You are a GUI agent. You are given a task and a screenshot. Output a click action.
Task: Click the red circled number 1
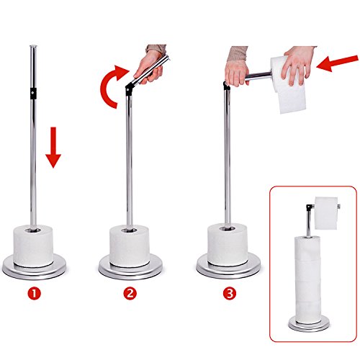(x=35, y=293)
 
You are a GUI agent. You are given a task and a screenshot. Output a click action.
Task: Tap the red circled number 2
(x=130, y=293)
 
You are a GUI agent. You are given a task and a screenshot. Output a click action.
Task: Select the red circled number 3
(x=230, y=293)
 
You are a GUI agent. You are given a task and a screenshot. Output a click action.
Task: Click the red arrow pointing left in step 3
(x=337, y=63)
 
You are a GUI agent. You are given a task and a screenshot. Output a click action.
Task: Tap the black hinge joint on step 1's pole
(x=33, y=93)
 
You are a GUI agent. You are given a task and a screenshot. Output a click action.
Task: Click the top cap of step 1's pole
(x=33, y=46)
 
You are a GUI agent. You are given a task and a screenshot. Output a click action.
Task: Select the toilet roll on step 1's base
(x=33, y=246)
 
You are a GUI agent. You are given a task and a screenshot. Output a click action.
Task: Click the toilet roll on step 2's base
(x=130, y=246)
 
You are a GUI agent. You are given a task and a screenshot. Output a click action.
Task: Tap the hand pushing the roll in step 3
(x=297, y=65)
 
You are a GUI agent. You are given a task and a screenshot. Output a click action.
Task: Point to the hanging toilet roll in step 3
(x=288, y=84)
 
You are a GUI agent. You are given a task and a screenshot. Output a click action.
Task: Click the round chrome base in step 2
(x=130, y=267)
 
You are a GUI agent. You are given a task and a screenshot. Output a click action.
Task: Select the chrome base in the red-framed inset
(x=309, y=323)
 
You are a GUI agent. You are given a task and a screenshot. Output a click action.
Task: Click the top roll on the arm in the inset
(x=326, y=213)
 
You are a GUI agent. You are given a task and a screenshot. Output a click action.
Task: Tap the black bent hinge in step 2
(x=129, y=89)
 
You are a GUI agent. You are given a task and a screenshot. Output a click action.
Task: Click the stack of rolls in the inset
(x=308, y=280)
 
